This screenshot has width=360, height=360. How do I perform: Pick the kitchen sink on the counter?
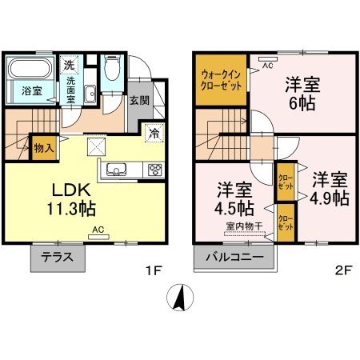[114, 170]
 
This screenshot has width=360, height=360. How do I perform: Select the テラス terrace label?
[58, 258]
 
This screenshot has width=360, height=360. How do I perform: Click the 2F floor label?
[343, 270]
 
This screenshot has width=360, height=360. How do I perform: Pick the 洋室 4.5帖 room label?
[236, 200]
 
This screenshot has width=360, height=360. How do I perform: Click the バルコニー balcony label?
[233, 258]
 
